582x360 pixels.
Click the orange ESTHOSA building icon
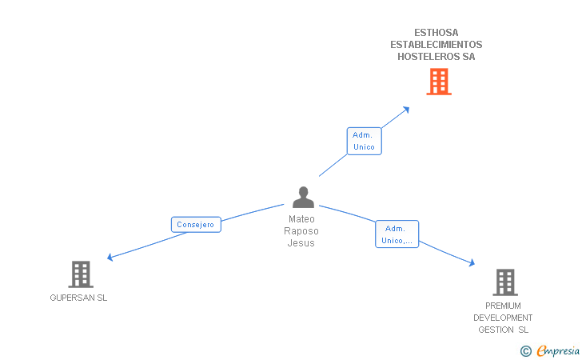pyautogui.click(x=438, y=82)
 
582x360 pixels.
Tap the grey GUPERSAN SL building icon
pyautogui.click(x=80, y=274)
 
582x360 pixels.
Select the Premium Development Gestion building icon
pyautogui.click(x=504, y=282)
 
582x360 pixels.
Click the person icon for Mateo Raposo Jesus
pyautogui.click(x=303, y=197)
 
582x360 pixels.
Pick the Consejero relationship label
pyautogui.click(x=195, y=225)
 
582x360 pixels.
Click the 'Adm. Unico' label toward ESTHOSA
pyautogui.click(x=364, y=141)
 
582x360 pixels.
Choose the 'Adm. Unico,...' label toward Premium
pyautogui.click(x=397, y=234)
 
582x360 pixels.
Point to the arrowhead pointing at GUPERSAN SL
pyautogui.click(x=110, y=258)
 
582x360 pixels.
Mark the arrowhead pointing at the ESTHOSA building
pyautogui.click(x=406, y=109)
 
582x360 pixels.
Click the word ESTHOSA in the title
pyautogui.click(x=436, y=33)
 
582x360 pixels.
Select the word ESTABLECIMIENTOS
pyautogui.click(x=436, y=45)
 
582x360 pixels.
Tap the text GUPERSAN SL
pyautogui.click(x=78, y=298)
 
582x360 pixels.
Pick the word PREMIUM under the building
pyautogui.click(x=503, y=306)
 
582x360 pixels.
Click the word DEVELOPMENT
pyautogui.click(x=503, y=318)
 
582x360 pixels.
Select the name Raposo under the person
pyautogui.click(x=301, y=231)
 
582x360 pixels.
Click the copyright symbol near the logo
pyautogui.click(x=525, y=350)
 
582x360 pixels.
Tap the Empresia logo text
pyautogui.click(x=558, y=350)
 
